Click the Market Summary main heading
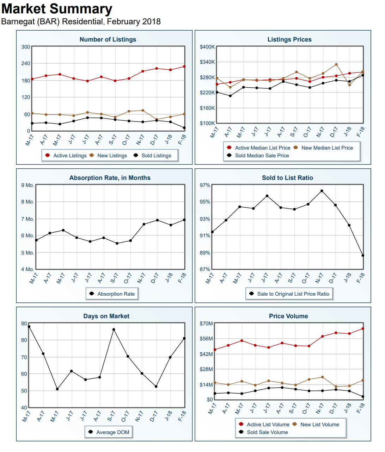(57, 9)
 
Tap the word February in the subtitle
(123, 21)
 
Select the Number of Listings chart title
(108, 39)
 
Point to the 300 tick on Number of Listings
(25, 47)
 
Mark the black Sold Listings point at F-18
(184, 128)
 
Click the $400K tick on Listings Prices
(207, 47)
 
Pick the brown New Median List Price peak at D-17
(336, 64)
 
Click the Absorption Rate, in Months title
(110, 178)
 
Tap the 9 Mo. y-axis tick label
(28, 185)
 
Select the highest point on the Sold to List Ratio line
(322, 191)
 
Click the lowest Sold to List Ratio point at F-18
(363, 256)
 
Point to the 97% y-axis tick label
(205, 185)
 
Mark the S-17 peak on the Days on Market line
(114, 329)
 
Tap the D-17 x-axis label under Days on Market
(154, 416)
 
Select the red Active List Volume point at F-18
(363, 329)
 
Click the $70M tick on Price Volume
(206, 324)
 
